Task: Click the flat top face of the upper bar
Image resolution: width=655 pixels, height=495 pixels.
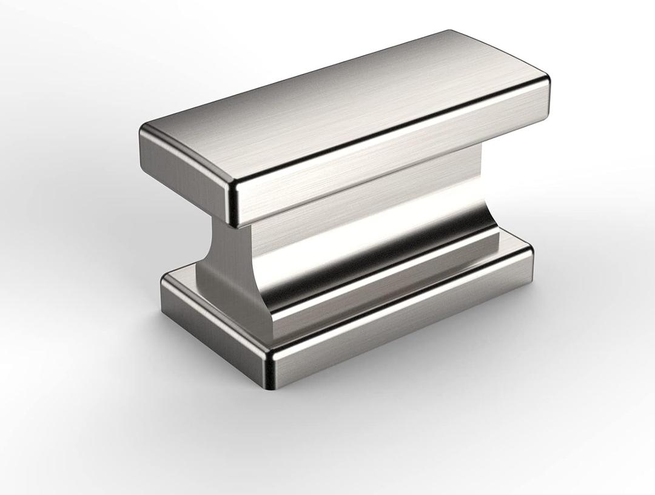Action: [x=340, y=109]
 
